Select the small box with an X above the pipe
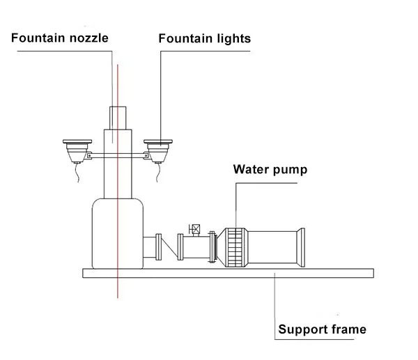(x=196, y=229)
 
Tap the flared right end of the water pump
(x=300, y=246)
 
